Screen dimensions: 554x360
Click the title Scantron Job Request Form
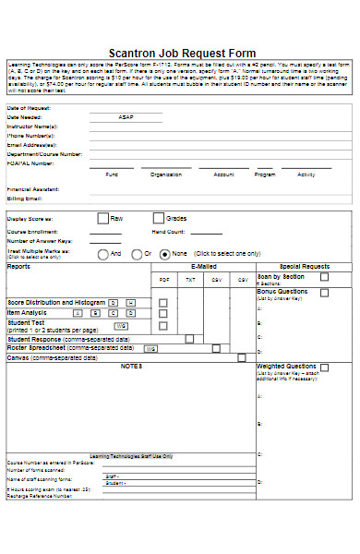182,54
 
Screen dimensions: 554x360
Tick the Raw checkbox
102,219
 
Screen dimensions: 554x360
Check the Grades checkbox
158,219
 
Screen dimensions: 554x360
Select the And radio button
103,253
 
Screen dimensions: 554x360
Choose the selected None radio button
165,253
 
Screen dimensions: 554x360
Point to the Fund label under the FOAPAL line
112,174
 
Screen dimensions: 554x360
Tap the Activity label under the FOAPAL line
306,174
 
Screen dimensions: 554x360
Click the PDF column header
164,280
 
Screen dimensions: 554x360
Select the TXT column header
190,280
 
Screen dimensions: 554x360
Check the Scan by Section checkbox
324,276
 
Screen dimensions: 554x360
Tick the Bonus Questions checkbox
324,292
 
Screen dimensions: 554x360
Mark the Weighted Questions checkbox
325,367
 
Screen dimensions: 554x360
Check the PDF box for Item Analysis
163,314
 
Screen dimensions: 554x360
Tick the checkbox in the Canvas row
242,357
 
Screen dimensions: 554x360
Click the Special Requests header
304,266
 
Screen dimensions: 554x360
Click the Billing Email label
25,199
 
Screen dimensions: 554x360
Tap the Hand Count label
169,232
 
